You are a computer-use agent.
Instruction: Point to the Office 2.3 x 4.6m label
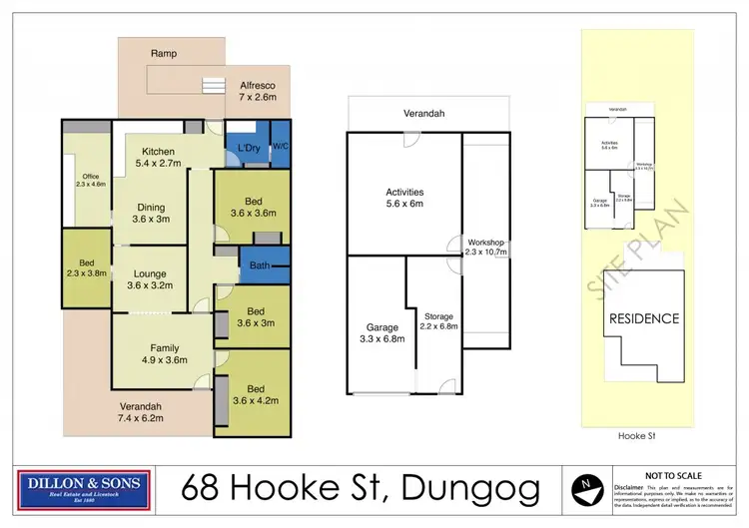click(x=90, y=180)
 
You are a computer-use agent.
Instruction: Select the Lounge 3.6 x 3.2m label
click(x=145, y=280)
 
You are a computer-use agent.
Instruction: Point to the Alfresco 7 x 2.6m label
click(x=258, y=92)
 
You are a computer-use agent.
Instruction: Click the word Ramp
click(x=164, y=52)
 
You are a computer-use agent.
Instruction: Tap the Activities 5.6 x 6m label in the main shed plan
click(x=405, y=198)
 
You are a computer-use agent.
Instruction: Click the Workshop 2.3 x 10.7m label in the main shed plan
click(x=487, y=247)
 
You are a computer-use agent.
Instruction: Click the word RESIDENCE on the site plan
click(x=644, y=318)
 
